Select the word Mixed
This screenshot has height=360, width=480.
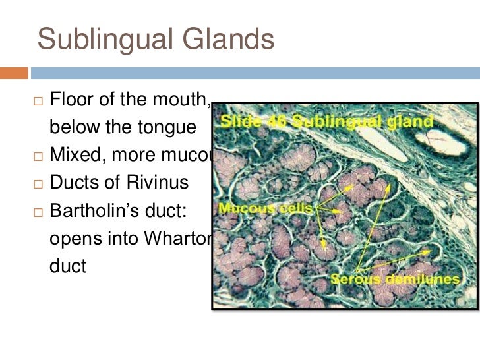tap(75, 156)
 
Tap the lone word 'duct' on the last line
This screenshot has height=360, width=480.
tap(68, 267)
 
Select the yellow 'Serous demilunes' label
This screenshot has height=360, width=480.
tap(395, 279)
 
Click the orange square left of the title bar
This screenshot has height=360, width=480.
tap(14, 71)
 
